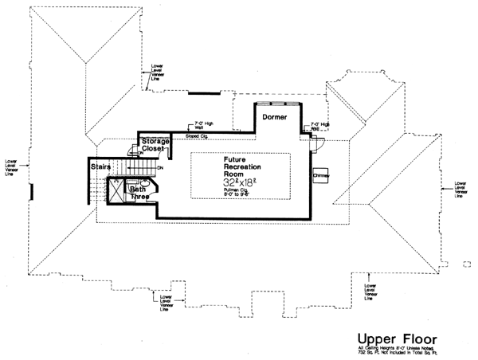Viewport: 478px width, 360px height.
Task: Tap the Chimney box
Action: [321, 174]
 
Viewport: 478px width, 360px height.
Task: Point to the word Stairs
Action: [99, 166]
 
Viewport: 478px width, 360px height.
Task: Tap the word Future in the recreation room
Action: [235, 159]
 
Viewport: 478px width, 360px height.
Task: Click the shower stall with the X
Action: [115, 192]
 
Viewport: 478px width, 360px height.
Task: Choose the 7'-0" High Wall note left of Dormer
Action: [204, 125]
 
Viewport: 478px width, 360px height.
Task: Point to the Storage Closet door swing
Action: [133, 148]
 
